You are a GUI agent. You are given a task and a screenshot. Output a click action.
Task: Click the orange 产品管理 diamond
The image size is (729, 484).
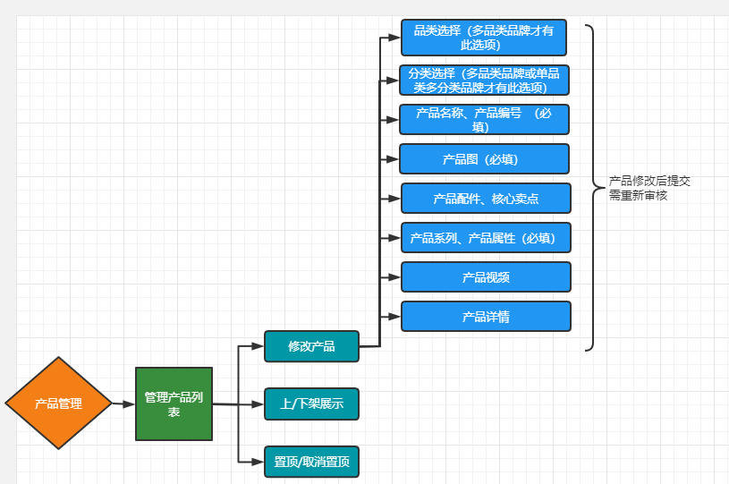tap(58, 403)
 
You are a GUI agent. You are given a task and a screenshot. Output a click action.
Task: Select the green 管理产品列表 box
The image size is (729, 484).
tap(174, 403)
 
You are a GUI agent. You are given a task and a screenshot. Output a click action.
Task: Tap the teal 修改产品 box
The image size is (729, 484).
tap(311, 346)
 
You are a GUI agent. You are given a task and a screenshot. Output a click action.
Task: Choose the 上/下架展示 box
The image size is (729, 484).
tap(311, 403)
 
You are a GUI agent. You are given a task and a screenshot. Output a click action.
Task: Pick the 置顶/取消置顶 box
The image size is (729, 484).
tap(311, 461)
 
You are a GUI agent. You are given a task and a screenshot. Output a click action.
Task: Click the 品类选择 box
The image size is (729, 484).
tap(483, 38)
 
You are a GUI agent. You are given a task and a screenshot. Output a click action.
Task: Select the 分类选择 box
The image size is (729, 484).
tap(484, 81)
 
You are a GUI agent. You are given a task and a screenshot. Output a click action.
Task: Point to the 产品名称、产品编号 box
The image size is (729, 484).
tap(484, 119)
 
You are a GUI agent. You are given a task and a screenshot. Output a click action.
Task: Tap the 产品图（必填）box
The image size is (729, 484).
tap(484, 159)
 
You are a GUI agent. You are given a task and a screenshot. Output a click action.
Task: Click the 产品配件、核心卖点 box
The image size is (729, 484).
tap(486, 199)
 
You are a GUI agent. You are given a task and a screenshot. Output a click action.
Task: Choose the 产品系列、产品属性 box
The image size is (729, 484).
tap(486, 238)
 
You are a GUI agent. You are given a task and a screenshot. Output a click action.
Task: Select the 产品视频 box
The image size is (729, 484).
tap(486, 277)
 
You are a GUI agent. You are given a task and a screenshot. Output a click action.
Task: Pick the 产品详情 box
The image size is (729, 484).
tap(486, 317)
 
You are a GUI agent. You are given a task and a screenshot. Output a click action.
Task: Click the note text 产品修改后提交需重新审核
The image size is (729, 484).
tap(648, 188)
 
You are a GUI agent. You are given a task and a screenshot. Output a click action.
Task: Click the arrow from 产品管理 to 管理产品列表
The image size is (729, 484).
tap(123, 404)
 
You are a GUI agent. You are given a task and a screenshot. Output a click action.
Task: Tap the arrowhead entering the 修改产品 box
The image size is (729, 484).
tap(259, 346)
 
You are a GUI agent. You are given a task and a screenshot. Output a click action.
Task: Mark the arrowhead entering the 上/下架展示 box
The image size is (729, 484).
tap(259, 404)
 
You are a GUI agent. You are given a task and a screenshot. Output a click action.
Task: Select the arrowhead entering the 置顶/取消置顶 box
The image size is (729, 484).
tap(259, 461)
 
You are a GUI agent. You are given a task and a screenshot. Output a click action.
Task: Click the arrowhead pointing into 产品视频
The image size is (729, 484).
tap(394, 277)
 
